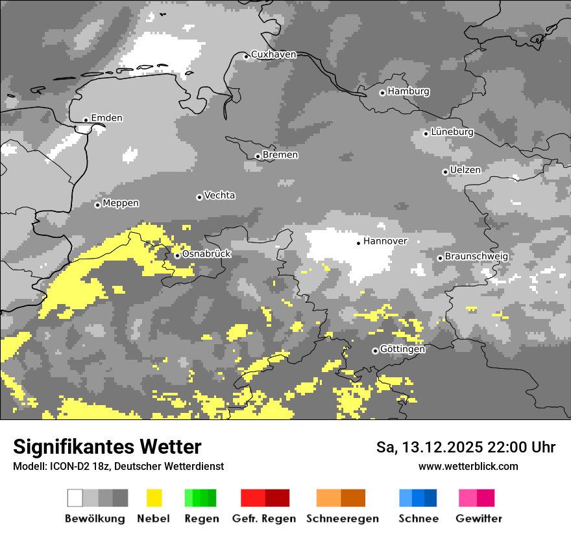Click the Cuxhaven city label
(273, 54)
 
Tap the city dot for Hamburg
(382, 93)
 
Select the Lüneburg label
(452, 132)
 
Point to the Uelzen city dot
(445, 172)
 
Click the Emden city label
(106, 118)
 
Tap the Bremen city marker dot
(258, 156)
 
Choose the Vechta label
(219, 195)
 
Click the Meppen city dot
(97, 205)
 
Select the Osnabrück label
(206, 254)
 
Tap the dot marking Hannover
(358, 243)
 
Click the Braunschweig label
(476, 256)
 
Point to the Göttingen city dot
(375, 351)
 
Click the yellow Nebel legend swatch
(154, 498)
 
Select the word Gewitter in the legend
(478, 519)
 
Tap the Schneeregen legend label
(343, 519)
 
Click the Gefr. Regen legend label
(264, 519)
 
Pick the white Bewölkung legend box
(75, 498)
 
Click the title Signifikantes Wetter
(107, 447)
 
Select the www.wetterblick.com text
(468, 466)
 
